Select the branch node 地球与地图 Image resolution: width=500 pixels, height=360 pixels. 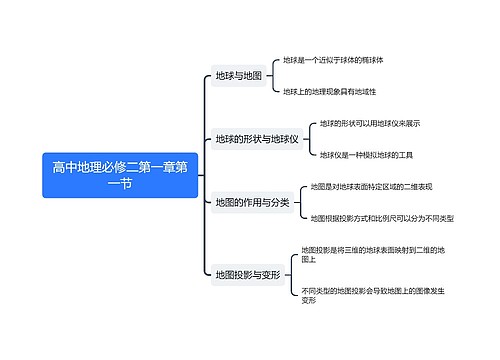238,76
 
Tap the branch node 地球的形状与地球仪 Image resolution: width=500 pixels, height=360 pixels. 257,139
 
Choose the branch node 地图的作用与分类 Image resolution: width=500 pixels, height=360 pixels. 252,202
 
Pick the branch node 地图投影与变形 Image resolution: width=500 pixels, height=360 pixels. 247,274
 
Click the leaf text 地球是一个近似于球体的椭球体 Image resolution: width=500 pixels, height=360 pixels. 333,60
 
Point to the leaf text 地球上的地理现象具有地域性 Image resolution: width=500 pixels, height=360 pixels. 329,91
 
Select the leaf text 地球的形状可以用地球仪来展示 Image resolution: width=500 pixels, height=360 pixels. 370,124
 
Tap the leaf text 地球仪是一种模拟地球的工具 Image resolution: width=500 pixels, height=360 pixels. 367,155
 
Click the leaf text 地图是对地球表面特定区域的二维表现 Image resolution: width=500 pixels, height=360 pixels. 370,186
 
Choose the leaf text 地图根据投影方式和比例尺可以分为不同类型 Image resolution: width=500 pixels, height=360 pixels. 381,218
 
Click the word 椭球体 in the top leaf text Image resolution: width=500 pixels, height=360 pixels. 372,60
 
